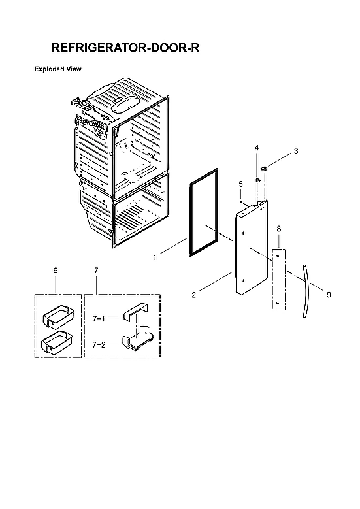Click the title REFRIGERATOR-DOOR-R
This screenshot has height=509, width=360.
tap(125, 48)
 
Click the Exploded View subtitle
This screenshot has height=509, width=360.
tap(57, 69)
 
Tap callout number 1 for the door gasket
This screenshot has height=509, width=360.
tap(155, 257)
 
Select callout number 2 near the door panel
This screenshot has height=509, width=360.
tap(193, 295)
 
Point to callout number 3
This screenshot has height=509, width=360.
tap(295, 151)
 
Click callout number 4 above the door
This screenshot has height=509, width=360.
tap(257, 148)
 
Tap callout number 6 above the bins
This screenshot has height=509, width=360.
tap(55, 270)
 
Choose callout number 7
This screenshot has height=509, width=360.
tap(96, 270)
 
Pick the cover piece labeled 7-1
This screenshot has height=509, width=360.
tap(136, 313)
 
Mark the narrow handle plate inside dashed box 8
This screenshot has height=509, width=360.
tap(279, 280)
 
